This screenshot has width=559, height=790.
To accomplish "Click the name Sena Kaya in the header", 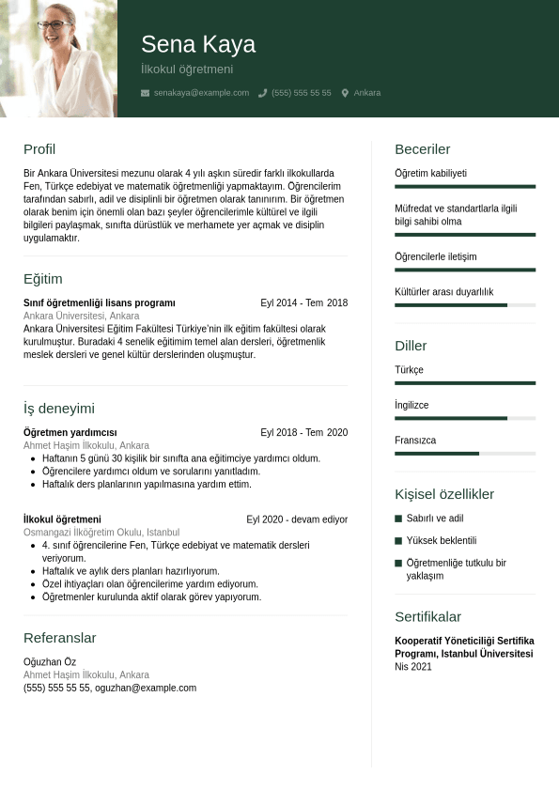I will coord(197,44).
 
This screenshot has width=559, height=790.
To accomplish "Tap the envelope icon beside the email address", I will coord(145,93).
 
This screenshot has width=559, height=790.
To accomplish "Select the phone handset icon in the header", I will coord(263,93).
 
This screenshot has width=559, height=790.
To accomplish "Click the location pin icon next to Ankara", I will coord(345,93).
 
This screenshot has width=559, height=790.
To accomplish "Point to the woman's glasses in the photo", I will coord(55,26).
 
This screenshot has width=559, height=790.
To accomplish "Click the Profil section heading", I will coord(39,149).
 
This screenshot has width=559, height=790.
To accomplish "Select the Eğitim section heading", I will coord(43,279).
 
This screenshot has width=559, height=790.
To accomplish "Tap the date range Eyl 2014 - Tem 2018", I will coord(303,303).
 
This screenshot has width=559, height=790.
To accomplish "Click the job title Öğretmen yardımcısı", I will coord(70,433).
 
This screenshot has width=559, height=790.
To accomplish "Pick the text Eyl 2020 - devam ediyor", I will coord(297,519).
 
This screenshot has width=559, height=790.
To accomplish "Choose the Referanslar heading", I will coord(60,638).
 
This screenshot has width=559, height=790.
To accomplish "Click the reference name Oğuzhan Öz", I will coord(50,662).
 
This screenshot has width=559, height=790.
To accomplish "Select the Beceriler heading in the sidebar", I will coord(422,149).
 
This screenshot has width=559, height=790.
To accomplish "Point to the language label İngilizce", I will coord(411,405).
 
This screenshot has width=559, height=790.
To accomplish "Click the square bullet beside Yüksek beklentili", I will coord(398,541).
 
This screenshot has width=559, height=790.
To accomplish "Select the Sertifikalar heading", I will coord(427,617).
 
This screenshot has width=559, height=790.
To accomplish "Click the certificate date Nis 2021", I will coord(413,667).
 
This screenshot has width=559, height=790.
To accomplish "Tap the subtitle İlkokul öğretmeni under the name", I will coord(187,70).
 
